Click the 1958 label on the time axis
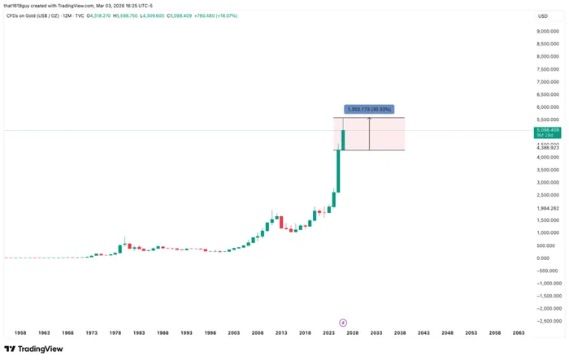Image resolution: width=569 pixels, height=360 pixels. pyautogui.click(x=20, y=333)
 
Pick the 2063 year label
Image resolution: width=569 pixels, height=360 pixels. pyautogui.click(x=519, y=333)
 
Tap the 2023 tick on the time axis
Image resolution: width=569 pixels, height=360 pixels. pyautogui.click(x=328, y=333)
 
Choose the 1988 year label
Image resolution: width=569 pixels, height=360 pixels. pyautogui.click(x=163, y=333)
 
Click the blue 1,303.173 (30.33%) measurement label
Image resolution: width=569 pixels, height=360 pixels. pyautogui.click(x=369, y=108)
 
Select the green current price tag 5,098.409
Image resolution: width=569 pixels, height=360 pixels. pyautogui.click(x=546, y=131)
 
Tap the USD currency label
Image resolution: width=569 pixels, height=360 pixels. pyautogui.click(x=542, y=16)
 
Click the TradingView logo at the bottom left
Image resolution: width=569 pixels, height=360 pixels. pyautogui.click(x=34, y=349)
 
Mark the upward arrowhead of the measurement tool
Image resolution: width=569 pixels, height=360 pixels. pyautogui.click(x=370, y=119)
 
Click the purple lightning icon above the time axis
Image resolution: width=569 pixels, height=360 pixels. pyautogui.click(x=343, y=323)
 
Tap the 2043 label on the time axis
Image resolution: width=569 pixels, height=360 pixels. pyautogui.click(x=423, y=333)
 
